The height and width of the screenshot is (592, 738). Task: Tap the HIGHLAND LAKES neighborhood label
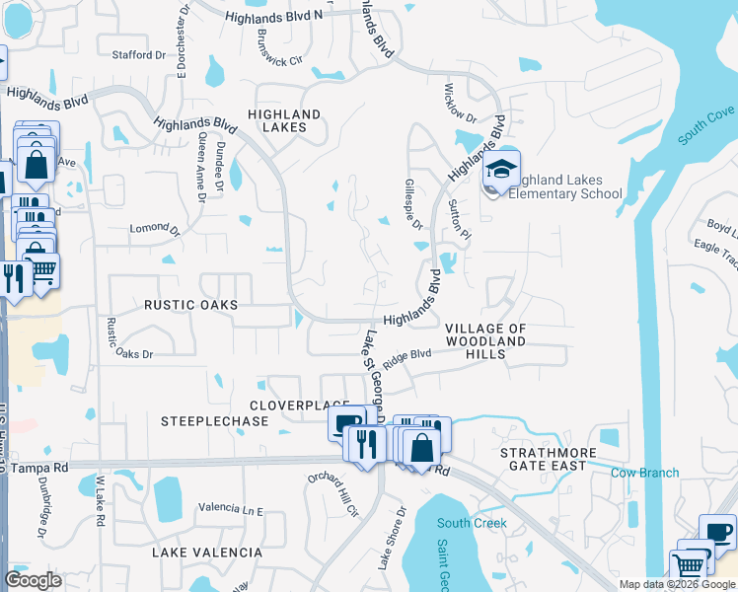point(284,121)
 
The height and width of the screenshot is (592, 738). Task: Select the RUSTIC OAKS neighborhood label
point(191,305)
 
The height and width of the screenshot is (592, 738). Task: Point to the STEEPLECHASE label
point(214,421)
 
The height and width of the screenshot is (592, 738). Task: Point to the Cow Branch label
point(644,473)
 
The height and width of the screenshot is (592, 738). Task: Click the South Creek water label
point(472,523)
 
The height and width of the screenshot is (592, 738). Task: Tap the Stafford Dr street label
point(139,55)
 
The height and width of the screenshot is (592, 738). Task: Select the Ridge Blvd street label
point(407,357)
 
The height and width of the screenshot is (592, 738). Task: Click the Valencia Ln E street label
point(231,509)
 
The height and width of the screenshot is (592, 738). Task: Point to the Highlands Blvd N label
point(273,17)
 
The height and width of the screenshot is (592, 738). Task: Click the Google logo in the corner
point(34,580)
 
